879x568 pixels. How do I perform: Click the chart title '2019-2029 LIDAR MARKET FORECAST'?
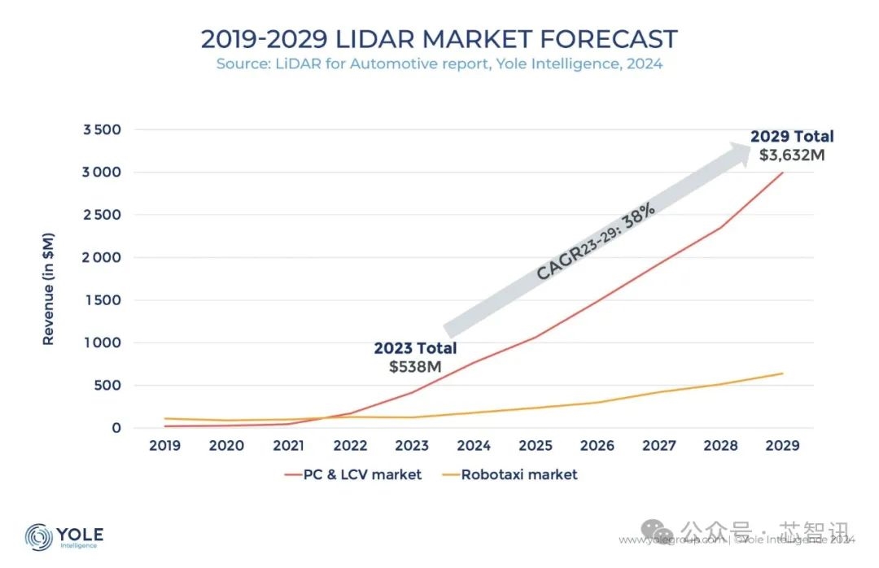click(439, 39)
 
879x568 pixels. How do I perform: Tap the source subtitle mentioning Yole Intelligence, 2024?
click(439, 63)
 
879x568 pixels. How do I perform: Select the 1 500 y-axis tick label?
click(103, 300)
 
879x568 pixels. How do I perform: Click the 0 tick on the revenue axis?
click(116, 428)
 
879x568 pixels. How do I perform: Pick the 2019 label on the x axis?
click(165, 446)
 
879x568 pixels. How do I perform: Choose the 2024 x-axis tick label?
click(474, 446)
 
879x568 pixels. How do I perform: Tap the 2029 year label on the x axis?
click(781, 446)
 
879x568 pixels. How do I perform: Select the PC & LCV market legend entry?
click(353, 474)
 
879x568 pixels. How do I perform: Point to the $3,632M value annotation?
click(791, 155)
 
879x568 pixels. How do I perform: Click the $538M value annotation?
click(415, 367)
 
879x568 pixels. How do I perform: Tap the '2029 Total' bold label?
click(792, 137)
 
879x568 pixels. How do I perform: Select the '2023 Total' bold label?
click(415, 348)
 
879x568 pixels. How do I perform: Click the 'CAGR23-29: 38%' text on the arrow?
click(596, 242)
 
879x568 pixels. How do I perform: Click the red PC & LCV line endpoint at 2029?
click(783, 173)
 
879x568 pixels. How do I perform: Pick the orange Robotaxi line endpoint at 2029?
click(783, 374)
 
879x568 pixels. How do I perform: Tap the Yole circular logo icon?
click(39, 537)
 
